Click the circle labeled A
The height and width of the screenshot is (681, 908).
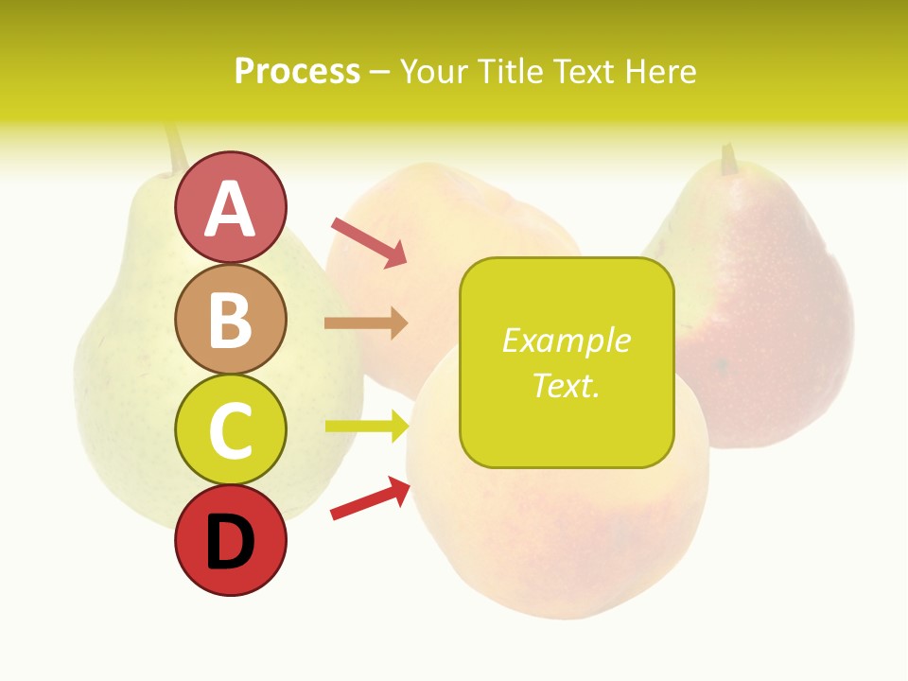230,207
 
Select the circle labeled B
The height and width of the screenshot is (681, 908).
230,319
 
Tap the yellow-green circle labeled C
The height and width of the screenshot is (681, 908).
230,429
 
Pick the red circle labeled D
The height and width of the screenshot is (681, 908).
230,540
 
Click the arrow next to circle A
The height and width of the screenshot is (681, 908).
369,242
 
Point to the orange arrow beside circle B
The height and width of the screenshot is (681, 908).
366,323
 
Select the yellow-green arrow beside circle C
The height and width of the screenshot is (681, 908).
366,427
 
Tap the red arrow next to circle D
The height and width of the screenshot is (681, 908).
370,498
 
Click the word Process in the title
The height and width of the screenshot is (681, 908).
297,72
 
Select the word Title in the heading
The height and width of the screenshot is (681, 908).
513,72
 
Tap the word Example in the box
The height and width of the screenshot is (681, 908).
566,340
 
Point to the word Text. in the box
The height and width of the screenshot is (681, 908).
566,385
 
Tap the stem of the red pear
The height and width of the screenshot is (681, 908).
728,159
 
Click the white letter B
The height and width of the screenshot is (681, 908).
230,320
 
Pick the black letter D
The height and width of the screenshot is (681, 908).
230,542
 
